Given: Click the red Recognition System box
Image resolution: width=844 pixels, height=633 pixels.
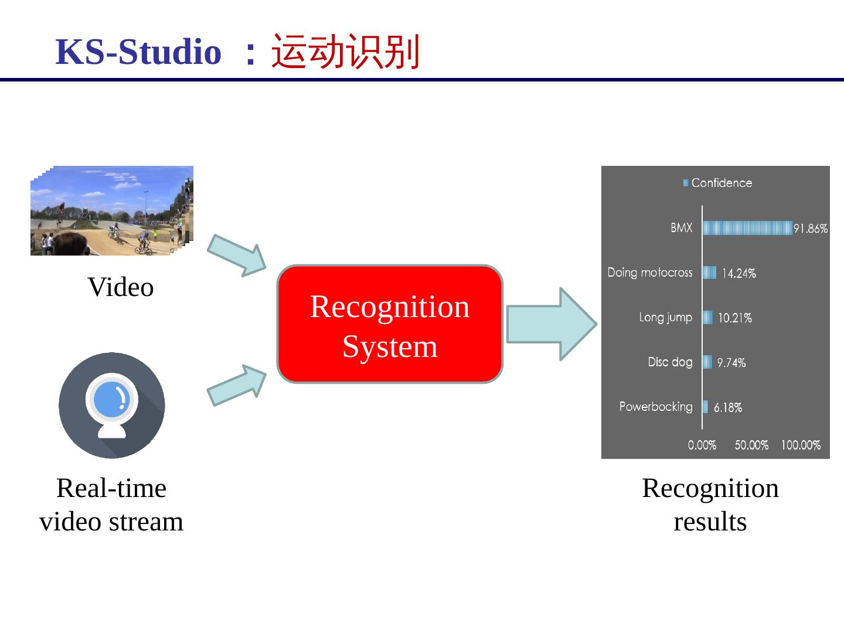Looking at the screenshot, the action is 390,324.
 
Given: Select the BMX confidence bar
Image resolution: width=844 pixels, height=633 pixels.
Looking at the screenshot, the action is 747,228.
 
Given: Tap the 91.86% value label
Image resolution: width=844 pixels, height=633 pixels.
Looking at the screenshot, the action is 811,229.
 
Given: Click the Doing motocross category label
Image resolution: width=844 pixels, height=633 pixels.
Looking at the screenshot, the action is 649,273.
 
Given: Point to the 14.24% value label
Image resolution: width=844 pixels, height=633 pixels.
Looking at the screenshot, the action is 738,273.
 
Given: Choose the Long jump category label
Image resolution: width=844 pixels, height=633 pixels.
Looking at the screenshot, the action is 665,317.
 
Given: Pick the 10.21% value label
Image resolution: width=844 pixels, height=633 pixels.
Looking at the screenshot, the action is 734,318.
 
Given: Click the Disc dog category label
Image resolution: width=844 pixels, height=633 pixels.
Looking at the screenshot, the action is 670,362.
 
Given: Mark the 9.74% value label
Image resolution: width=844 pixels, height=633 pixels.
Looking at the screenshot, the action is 731,363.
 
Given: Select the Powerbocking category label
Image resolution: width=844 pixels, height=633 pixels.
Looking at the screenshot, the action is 655,406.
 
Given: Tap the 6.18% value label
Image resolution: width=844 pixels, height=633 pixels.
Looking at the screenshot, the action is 727,407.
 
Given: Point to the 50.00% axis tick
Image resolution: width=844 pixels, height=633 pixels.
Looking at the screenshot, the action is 751,445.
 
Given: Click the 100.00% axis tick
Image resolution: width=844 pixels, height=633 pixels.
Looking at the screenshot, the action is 801,445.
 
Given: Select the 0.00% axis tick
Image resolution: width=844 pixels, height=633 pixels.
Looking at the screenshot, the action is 702,445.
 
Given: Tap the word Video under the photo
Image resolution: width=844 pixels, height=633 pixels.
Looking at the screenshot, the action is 121,287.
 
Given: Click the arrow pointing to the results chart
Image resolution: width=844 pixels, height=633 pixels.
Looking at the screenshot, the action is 551,324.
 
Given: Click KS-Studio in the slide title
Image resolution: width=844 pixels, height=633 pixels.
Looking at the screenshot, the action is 138,52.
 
